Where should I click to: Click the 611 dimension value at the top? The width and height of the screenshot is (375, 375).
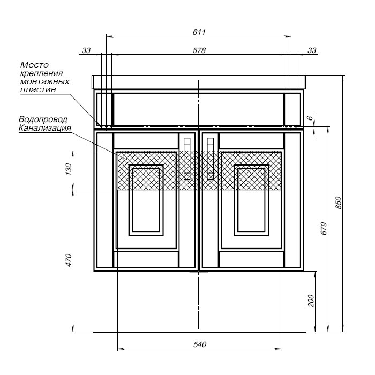[199, 32]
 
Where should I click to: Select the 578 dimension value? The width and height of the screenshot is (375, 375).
[199, 50]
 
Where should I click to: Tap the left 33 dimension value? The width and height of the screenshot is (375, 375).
[86, 50]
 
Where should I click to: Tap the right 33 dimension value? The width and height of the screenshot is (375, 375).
[312, 50]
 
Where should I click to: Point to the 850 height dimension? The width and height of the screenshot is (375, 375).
[339, 203]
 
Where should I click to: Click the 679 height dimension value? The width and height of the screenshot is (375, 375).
[324, 228]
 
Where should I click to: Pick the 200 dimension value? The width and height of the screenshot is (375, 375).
[311, 301]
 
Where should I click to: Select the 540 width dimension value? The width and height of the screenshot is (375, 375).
[200, 344]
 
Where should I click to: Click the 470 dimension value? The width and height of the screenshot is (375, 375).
[69, 260]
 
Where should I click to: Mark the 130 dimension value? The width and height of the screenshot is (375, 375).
[69, 169]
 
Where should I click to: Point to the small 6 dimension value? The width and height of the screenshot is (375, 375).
[310, 118]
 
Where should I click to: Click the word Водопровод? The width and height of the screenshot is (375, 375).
[43, 119]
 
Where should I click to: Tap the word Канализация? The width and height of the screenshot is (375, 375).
[45, 127]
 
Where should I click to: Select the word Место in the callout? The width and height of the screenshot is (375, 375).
[34, 65]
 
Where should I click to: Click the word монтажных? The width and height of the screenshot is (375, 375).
[44, 81]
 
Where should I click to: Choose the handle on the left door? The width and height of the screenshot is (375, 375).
[187, 159]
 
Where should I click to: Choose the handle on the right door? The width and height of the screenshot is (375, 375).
[210, 159]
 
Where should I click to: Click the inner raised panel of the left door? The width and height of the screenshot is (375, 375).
[146, 200]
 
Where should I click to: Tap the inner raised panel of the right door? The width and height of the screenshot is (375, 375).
[251, 200]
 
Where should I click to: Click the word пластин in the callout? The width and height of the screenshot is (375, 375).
[38, 89]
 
